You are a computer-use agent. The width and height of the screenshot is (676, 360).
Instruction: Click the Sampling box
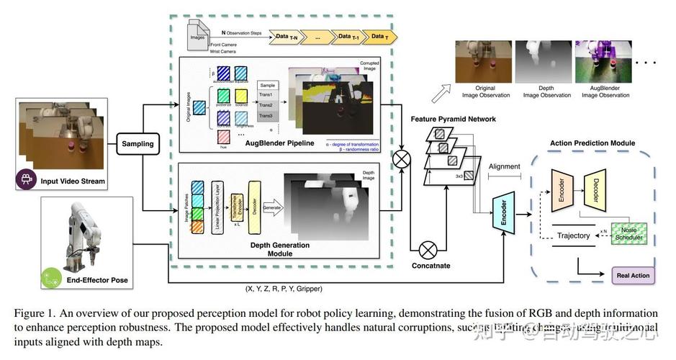(138, 144)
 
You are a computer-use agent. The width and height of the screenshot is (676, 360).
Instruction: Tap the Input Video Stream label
(73, 181)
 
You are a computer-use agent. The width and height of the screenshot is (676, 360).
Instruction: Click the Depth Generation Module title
(280, 249)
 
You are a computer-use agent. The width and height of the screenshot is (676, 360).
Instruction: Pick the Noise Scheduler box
(628, 232)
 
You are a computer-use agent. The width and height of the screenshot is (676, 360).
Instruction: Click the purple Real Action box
(632, 275)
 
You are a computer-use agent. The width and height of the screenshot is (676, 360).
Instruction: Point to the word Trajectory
(574, 235)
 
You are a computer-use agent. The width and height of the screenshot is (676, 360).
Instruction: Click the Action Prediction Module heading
(592, 143)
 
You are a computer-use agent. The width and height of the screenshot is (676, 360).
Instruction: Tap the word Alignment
(504, 166)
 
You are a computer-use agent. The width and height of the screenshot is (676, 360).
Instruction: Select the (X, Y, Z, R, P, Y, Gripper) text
(284, 289)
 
